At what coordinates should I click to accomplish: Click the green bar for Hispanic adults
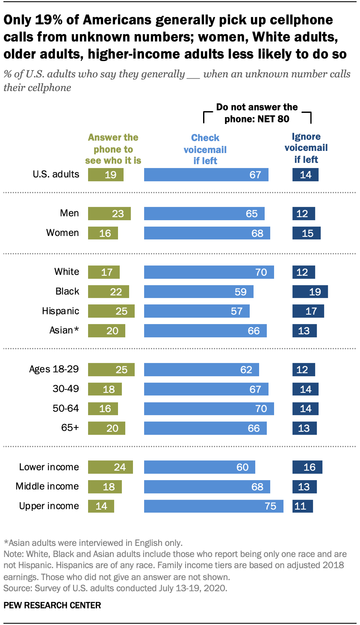[x=111, y=311]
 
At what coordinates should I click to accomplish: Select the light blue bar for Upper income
[x=213, y=506]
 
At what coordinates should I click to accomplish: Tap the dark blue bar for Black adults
[x=310, y=292]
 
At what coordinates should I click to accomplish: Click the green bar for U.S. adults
[x=106, y=174]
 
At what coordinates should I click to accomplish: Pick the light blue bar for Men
[x=204, y=213]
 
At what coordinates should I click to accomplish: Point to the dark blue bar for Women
[x=306, y=233]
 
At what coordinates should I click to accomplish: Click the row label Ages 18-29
[x=54, y=369]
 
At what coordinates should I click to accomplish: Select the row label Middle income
[x=47, y=486]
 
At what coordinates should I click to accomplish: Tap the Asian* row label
[x=64, y=330]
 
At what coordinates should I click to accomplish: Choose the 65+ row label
[x=70, y=427]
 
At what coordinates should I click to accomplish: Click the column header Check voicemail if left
[x=205, y=149]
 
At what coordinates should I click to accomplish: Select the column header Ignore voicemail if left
[x=306, y=148]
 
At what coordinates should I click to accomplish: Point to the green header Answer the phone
[x=113, y=149]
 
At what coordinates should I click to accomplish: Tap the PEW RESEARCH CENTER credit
[x=52, y=605]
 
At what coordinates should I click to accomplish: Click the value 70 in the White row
[x=261, y=272]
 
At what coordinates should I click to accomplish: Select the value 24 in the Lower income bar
[x=120, y=467]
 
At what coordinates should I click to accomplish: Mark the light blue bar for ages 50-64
[x=209, y=408]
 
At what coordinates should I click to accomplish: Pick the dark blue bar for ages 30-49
[x=305, y=389]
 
